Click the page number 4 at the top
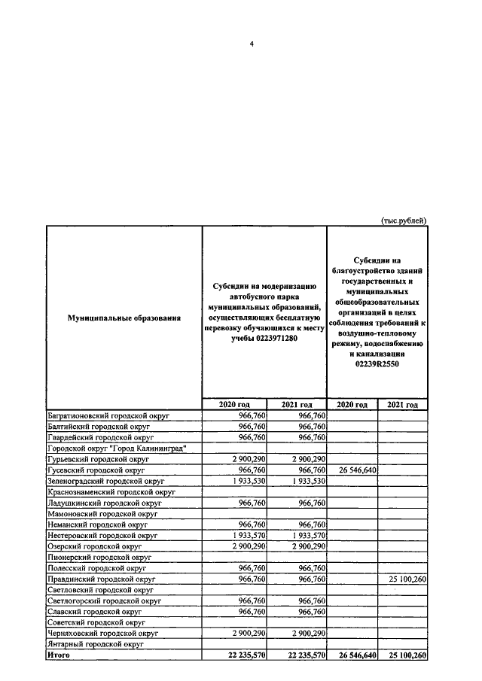(252, 43)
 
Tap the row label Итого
(59, 655)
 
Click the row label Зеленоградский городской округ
(106, 480)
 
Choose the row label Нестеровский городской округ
(102, 535)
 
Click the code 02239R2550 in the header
(377, 363)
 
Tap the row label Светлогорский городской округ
(105, 601)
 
